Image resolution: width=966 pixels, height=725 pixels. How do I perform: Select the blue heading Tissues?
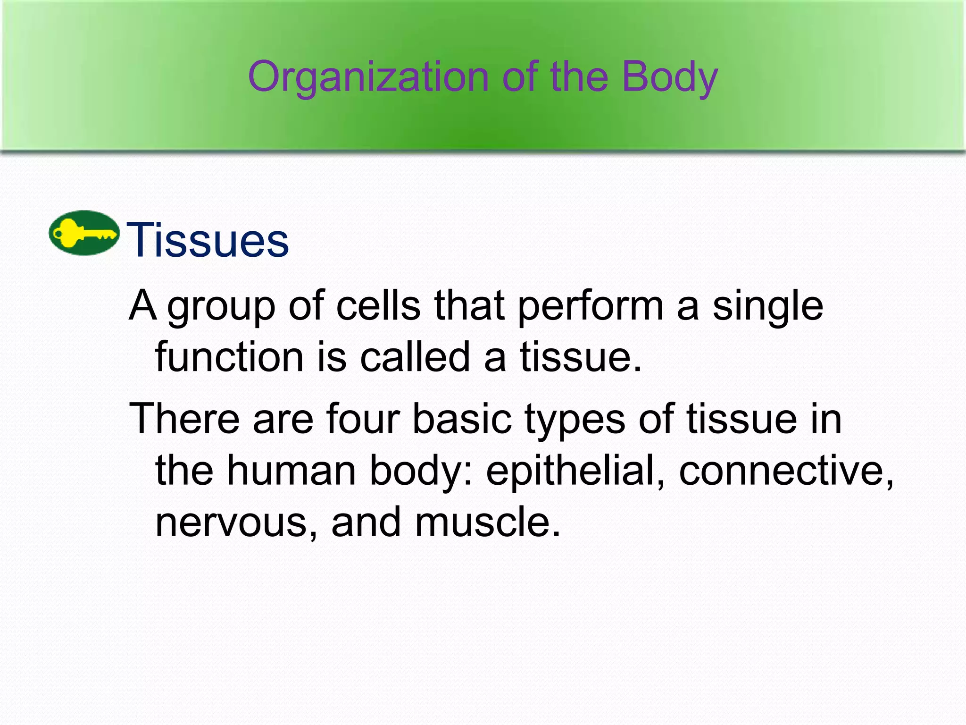[x=208, y=241]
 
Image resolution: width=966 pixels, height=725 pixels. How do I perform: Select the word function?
[x=229, y=357]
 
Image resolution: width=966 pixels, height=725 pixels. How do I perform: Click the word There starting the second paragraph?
[x=184, y=419]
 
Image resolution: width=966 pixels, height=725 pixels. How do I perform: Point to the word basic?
[x=462, y=419]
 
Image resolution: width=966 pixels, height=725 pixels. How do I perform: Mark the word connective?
[x=785, y=471]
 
